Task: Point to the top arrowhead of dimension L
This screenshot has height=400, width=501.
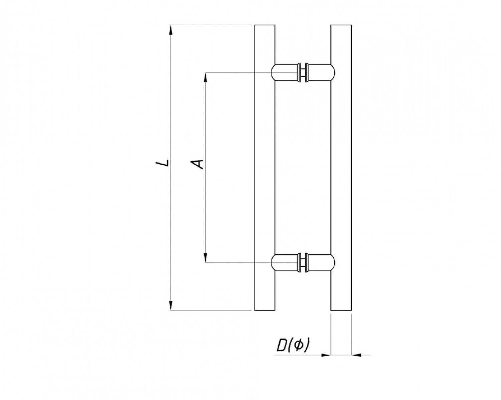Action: click(171, 30)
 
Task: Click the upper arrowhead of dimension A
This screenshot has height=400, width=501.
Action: click(205, 78)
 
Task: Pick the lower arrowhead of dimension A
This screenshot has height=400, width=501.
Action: click(205, 257)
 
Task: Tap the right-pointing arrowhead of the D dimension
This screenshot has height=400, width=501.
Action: click(325, 355)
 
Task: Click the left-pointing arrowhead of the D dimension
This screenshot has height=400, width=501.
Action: click(356, 355)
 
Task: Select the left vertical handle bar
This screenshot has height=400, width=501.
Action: click(265, 168)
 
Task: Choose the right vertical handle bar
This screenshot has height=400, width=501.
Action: click(341, 168)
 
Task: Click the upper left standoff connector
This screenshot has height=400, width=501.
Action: click(286, 73)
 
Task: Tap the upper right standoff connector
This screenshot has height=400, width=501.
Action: click(320, 73)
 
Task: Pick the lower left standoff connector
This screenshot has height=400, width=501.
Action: click(286, 263)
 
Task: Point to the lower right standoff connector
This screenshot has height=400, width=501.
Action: click(320, 263)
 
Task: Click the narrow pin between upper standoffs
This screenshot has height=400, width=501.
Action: click(303, 73)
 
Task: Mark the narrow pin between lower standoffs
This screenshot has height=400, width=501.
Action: click(303, 263)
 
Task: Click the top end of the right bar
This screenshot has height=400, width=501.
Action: click(341, 25)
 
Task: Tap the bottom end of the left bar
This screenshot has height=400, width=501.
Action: click(265, 310)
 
